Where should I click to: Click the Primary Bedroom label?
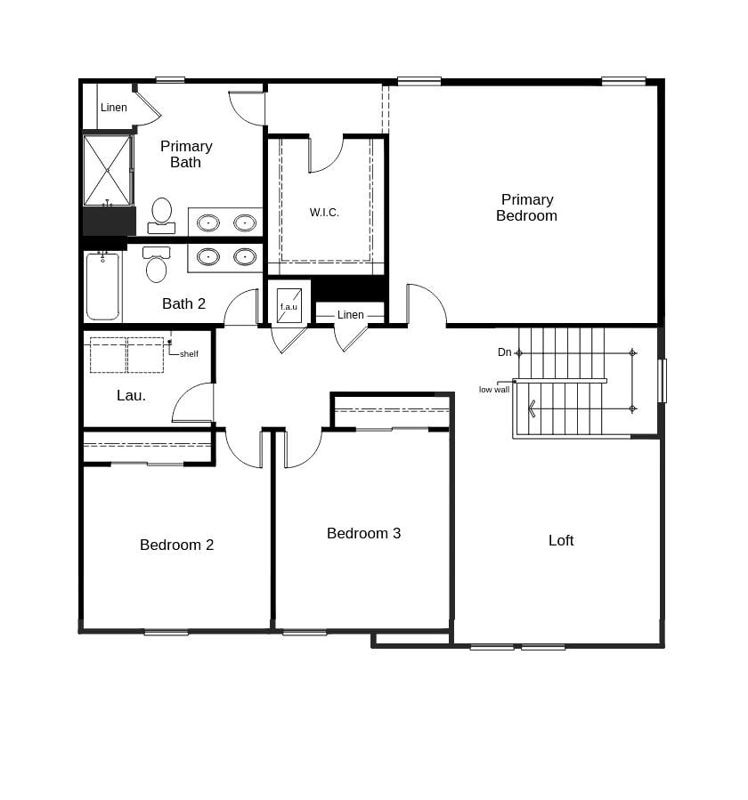point(526,207)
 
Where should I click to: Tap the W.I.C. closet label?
point(324,213)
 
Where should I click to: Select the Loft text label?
point(561,540)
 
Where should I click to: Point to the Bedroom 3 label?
point(363,533)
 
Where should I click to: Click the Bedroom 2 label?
point(176,545)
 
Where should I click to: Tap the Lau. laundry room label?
point(131,395)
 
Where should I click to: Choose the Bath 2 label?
point(183,303)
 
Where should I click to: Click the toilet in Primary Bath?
point(161,214)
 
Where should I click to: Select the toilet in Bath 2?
point(156,266)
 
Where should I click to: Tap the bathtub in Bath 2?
point(102,287)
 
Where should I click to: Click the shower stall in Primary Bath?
point(107,170)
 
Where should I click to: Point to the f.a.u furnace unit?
point(289,305)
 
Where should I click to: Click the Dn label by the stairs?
point(505,352)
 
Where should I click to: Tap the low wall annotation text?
point(494,390)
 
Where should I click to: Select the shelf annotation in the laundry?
point(189,354)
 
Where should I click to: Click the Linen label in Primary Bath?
point(114,108)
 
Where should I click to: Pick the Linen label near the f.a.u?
point(351,315)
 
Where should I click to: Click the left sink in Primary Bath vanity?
point(208,222)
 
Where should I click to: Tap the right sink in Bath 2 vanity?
point(245,256)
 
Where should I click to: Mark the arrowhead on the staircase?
point(533,408)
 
